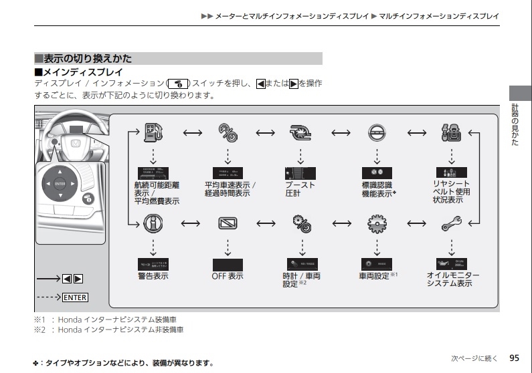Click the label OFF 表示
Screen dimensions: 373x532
pos(228,276)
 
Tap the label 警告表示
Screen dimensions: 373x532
pos(153,276)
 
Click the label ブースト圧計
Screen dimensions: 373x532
pos(300,189)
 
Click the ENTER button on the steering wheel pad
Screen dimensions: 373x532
pos(60,183)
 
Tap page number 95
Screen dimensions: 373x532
pos(513,358)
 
